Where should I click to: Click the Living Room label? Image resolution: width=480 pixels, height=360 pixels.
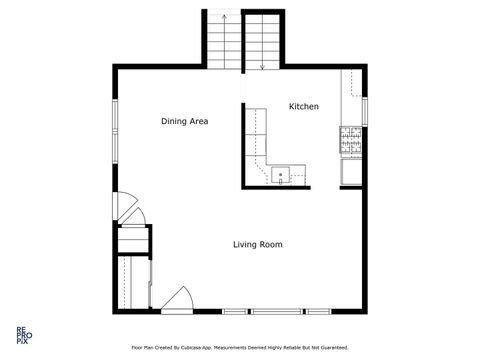(258, 244)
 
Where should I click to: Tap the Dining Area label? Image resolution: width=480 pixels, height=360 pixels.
(185, 121)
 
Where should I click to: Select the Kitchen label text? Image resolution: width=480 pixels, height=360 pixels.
(304, 106)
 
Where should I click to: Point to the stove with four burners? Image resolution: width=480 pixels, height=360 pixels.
(350, 142)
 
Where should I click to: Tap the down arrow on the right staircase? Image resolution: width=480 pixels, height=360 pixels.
(263, 65)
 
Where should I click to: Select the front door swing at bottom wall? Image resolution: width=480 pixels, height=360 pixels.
(177, 299)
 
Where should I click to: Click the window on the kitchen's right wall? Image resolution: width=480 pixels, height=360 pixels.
(365, 109)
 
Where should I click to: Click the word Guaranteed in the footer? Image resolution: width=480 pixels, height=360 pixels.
(331, 348)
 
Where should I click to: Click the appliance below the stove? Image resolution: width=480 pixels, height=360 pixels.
(350, 173)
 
